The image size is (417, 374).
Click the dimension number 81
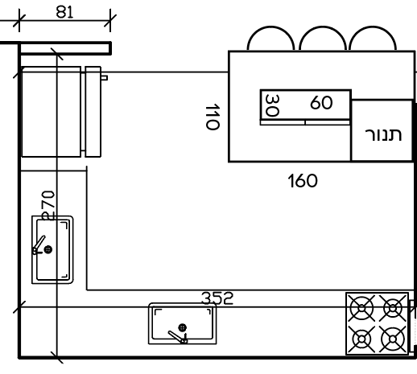(x=64, y=12)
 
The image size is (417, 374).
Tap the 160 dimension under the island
(x=303, y=181)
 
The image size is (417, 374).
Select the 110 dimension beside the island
(x=213, y=117)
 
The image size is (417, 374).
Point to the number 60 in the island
(x=321, y=102)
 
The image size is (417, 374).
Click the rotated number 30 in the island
(x=272, y=105)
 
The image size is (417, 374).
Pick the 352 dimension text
(x=217, y=298)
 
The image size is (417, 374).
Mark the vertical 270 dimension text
(x=48, y=205)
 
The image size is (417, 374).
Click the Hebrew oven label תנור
(x=383, y=134)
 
